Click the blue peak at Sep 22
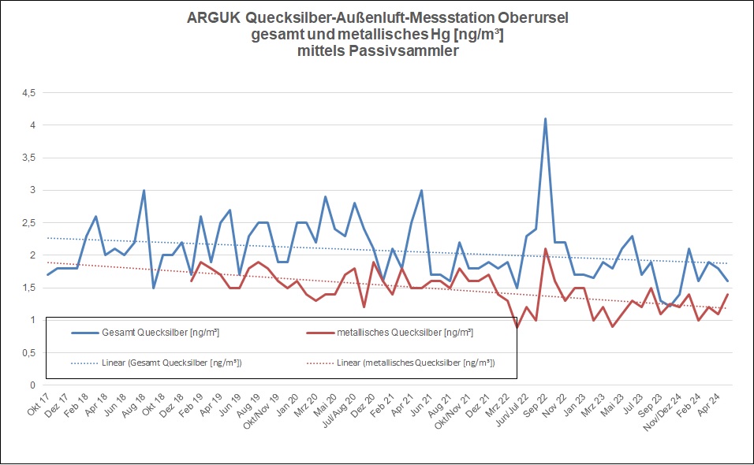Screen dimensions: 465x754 545,119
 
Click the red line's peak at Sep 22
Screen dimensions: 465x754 545,249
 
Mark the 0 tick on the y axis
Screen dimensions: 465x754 32,385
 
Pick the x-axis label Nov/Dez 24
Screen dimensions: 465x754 663,411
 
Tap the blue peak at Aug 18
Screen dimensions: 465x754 144,191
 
